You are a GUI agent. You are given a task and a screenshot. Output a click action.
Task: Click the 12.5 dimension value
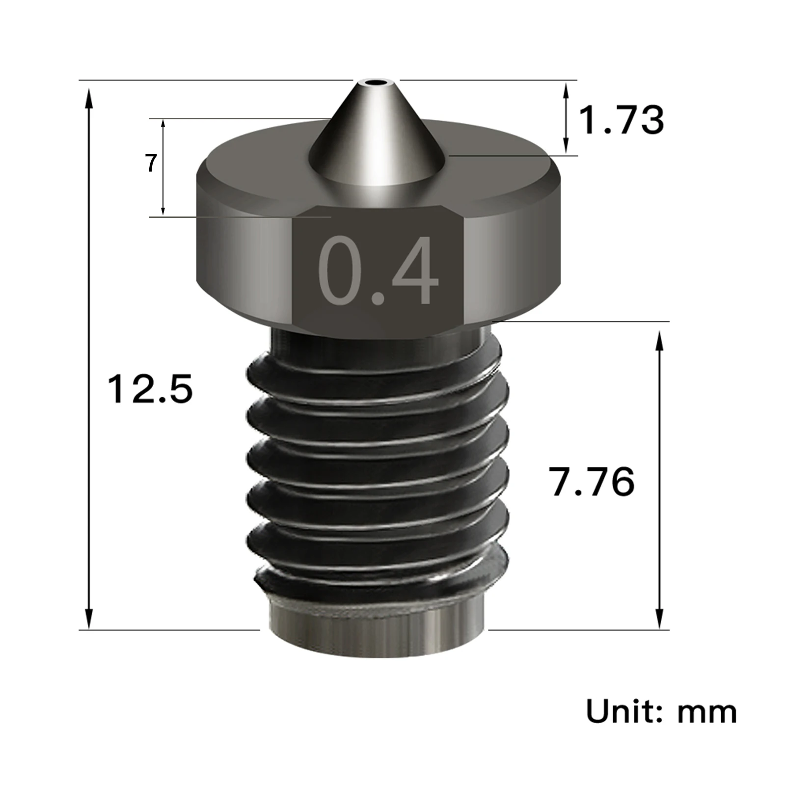point(150,389)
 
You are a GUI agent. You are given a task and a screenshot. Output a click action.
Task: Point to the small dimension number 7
point(151,163)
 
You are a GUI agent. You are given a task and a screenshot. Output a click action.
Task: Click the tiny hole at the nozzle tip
point(377,82)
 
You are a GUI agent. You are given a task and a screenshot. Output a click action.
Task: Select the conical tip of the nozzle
point(376,137)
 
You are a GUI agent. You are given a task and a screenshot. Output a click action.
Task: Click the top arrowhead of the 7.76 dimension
point(659,339)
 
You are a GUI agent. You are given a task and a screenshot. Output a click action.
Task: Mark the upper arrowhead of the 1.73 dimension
point(566,89)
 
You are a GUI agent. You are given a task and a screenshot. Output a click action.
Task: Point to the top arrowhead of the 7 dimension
point(163,124)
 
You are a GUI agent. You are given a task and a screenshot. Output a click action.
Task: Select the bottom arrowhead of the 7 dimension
point(163,210)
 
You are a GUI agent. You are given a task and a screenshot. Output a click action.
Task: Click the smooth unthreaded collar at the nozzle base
point(377,633)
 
